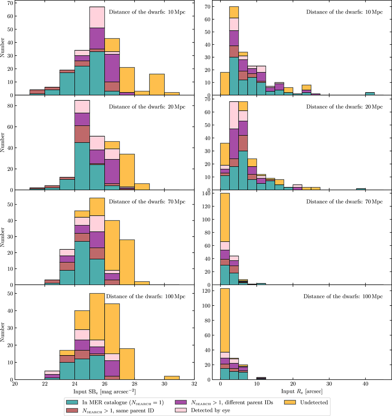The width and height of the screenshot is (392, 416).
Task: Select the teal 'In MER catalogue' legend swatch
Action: coord(72,403)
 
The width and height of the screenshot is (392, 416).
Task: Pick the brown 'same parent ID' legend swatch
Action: coord(72,410)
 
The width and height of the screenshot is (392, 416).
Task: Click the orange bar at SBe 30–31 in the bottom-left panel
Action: coord(172,378)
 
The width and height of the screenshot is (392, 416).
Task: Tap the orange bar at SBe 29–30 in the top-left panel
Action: coord(157,85)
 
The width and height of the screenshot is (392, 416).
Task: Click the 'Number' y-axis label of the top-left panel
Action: coord(3,48)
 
